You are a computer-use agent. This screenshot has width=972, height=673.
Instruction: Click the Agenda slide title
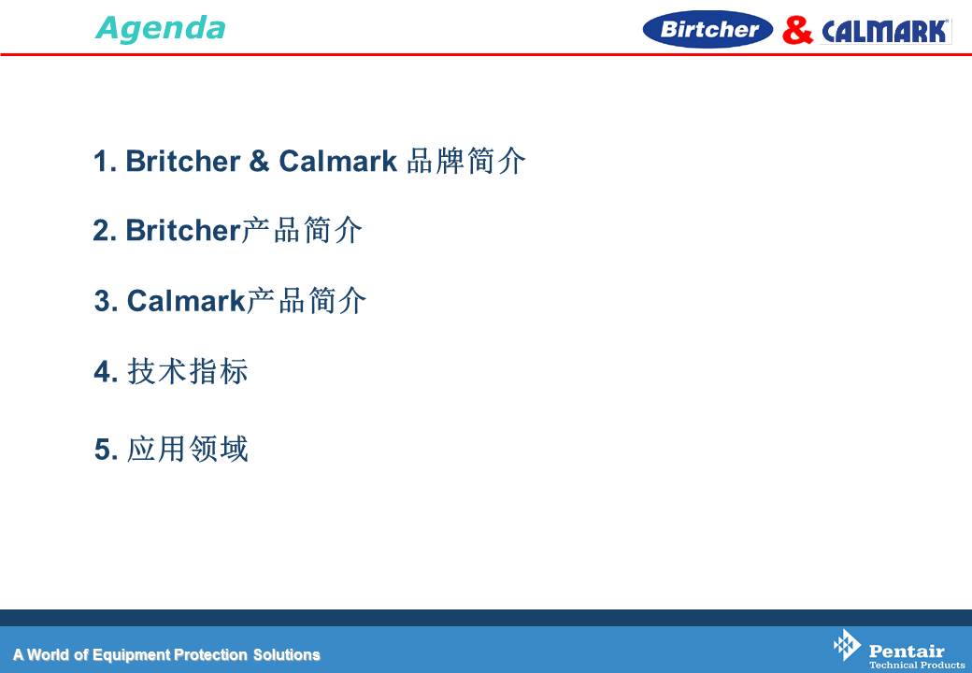tap(161, 28)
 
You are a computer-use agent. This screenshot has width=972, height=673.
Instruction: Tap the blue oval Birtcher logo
tap(708, 29)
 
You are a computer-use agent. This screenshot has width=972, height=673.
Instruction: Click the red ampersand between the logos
tap(797, 30)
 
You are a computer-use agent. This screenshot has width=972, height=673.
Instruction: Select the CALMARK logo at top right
tap(886, 31)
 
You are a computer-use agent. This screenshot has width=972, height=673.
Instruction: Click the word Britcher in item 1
tap(183, 161)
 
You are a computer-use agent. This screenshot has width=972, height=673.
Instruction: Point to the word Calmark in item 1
tap(337, 161)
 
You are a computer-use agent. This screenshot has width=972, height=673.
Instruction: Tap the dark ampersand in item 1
tap(259, 161)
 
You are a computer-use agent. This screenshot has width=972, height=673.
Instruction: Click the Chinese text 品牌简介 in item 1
tap(466, 161)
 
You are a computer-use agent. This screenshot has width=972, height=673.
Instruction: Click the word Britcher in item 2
tap(183, 231)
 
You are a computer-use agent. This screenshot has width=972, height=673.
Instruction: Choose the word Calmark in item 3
tap(186, 301)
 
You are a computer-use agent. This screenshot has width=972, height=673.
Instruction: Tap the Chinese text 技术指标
tap(188, 372)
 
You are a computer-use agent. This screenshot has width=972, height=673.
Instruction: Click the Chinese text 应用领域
tap(188, 449)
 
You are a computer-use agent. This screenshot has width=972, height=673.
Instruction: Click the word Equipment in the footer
tap(131, 655)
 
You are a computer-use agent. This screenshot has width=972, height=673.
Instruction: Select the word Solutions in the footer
tap(286, 654)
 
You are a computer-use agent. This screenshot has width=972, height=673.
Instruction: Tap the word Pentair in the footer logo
tap(907, 651)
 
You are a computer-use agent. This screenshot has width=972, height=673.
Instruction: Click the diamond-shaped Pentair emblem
tap(847, 645)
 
